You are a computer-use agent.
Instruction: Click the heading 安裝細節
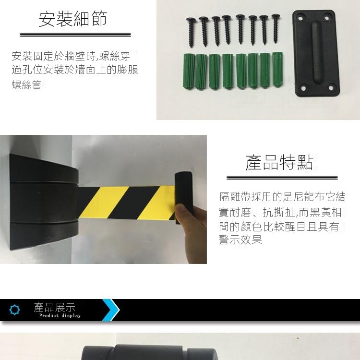[x=73, y=19]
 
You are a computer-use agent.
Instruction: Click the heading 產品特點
[x=279, y=162]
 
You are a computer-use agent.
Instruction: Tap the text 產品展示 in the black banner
[x=54, y=307]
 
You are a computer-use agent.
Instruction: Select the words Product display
[x=60, y=316]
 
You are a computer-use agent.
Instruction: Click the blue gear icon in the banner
[x=14, y=310]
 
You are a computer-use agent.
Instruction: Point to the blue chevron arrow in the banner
[x=111, y=310]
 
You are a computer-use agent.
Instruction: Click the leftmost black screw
[x=191, y=32]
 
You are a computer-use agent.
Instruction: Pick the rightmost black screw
[x=276, y=28]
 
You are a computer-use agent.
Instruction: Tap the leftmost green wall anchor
[x=189, y=71]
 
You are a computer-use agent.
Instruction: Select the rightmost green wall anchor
[x=277, y=70]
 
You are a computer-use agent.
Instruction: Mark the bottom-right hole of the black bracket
[x=331, y=88]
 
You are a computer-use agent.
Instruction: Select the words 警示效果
[x=240, y=240]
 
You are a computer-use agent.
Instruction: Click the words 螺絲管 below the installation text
[x=26, y=84]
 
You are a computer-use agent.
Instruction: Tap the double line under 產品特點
[x=282, y=178]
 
